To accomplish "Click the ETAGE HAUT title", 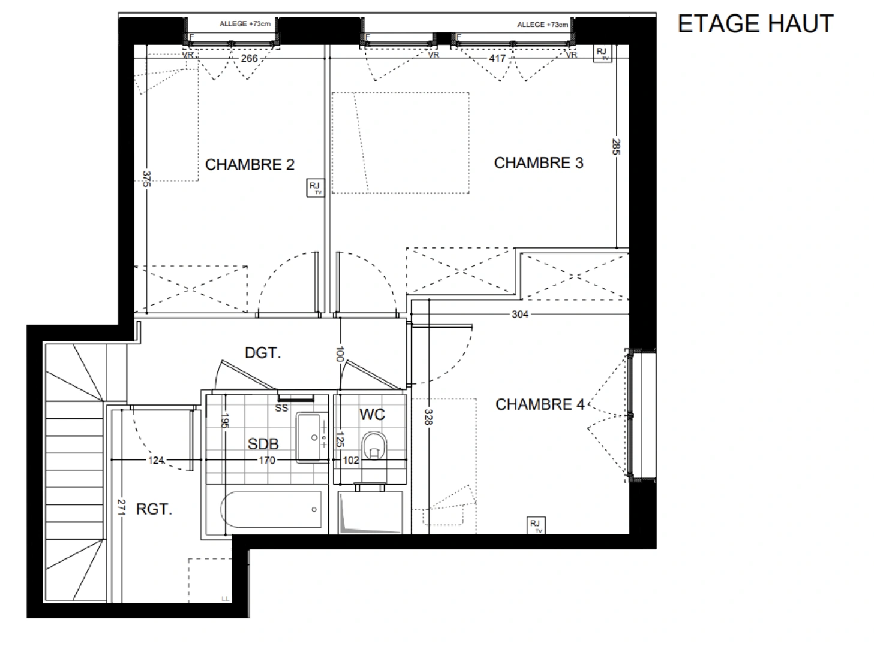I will tap(755, 23).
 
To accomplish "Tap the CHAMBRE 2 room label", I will tap(250, 165).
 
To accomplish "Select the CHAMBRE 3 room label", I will tap(538, 163).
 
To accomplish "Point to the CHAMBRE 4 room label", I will tap(539, 405).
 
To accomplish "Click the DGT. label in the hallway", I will tap(263, 353).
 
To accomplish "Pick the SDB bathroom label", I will tap(263, 444).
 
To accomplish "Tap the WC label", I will tap(372, 415).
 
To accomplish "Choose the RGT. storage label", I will tap(154, 510).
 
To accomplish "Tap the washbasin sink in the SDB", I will tap(310, 437).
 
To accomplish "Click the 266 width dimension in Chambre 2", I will tap(248, 58).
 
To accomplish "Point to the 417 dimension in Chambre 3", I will tap(497, 58).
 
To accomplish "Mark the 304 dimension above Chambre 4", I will tap(519, 314).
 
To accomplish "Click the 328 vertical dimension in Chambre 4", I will tap(428, 417).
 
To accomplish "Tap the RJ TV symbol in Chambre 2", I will tap(315, 188).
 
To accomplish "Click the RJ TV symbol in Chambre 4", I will tap(535, 525).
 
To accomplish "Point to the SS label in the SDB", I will tap(281, 408).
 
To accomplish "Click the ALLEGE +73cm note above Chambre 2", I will tap(245, 24).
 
